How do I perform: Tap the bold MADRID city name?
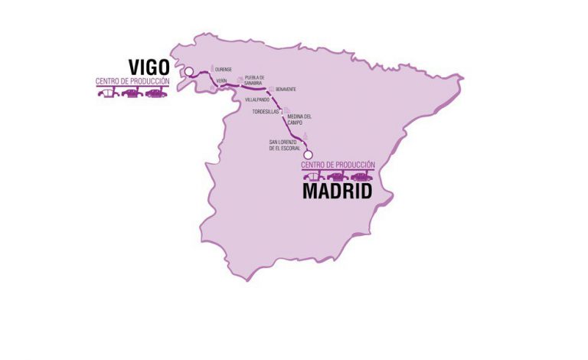pos(337,191)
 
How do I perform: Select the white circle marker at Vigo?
pos(188,72)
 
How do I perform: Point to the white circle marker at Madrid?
pos(308,152)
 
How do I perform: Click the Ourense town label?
pos(224,69)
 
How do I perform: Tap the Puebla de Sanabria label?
pos(254,80)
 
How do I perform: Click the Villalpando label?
pos(256,100)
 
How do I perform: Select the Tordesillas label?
pos(266,112)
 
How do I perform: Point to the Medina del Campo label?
pos(299,119)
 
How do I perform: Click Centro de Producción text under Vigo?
pos(132,81)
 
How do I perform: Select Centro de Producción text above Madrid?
pos(338,165)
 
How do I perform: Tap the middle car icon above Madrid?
pos(338,177)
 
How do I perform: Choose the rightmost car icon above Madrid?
pos(361,177)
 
